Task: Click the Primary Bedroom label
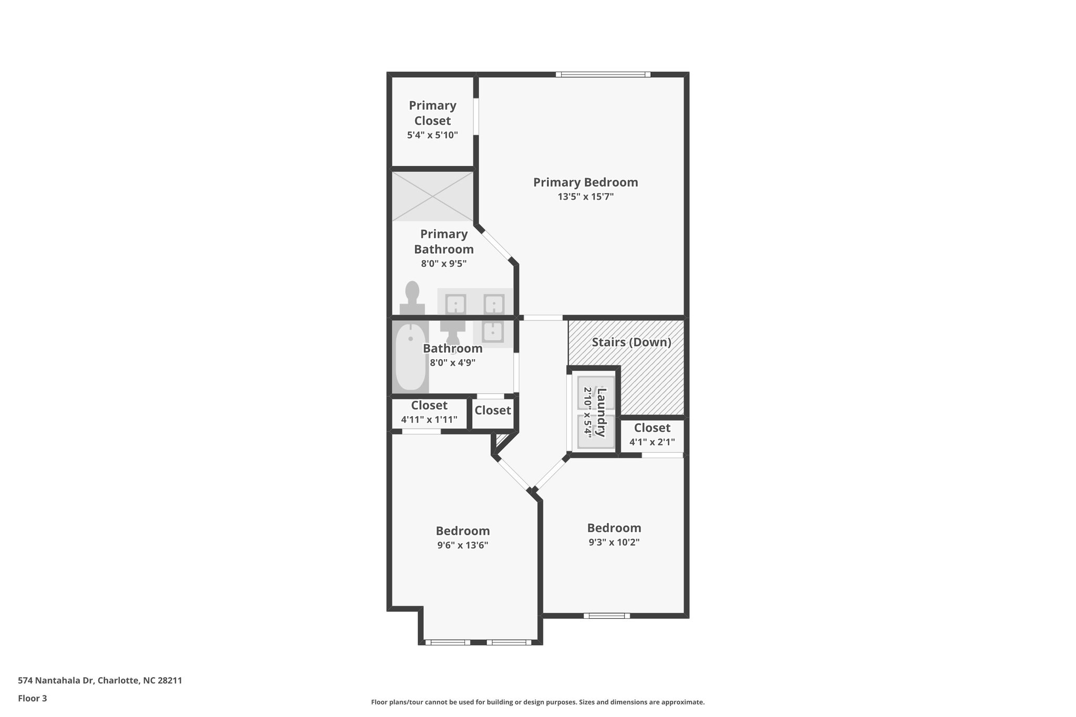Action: (x=585, y=182)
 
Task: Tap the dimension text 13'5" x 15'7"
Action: (x=585, y=197)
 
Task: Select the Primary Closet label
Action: (x=432, y=113)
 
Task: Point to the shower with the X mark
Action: (x=432, y=196)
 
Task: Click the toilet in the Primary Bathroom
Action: (x=412, y=298)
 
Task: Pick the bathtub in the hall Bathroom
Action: (x=410, y=357)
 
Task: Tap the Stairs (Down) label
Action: (x=631, y=342)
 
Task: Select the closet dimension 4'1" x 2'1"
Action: (x=652, y=442)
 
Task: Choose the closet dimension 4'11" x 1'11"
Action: (x=429, y=420)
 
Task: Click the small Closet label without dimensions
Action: (x=492, y=410)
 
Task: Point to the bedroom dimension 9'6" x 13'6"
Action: (x=462, y=545)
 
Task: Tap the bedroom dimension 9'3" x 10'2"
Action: (x=614, y=542)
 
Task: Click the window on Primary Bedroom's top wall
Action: (x=603, y=75)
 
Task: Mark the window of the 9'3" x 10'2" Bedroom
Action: (x=606, y=616)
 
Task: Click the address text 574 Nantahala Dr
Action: (x=100, y=680)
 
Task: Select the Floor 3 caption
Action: (x=33, y=698)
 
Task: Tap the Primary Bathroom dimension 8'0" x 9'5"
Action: (x=443, y=264)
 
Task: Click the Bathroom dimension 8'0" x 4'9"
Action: (x=452, y=362)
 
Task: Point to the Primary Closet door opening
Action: (x=476, y=117)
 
